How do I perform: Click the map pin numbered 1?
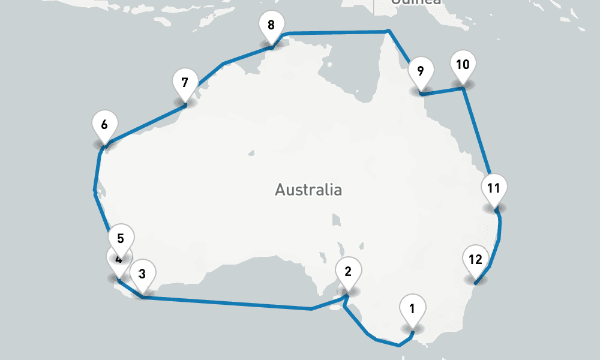click(x=412, y=310)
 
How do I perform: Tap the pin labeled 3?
click(x=142, y=275)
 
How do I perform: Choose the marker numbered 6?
click(x=104, y=125)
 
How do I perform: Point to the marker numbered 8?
click(x=271, y=26)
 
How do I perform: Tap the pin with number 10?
click(x=463, y=65)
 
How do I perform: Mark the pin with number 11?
click(x=494, y=188)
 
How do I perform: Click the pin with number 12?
click(x=475, y=260)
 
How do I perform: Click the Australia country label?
click(x=308, y=190)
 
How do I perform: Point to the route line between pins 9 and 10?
click(x=443, y=91)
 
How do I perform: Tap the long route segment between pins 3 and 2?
click(x=228, y=303)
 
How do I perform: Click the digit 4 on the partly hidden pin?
click(x=119, y=260)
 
